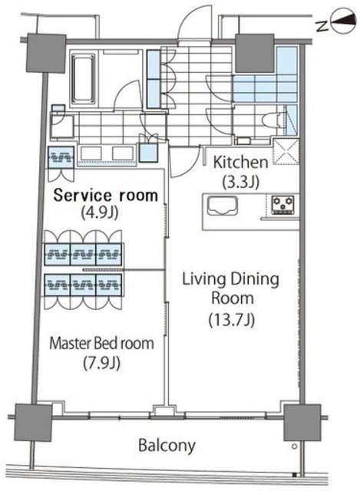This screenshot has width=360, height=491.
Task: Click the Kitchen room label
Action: click(x=240, y=163)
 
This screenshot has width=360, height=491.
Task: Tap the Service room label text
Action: click(x=106, y=195)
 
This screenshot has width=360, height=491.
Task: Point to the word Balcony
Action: click(x=167, y=445)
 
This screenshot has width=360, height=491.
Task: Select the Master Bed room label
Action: click(x=101, y=343)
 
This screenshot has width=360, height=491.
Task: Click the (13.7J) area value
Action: click(x=232, y=320)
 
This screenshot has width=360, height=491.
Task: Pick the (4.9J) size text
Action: click(x=99, y=213)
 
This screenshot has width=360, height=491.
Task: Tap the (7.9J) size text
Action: click(x=101, y=363)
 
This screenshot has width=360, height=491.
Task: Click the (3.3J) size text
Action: click(x=240, y=182)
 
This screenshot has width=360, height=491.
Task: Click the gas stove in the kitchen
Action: click(x=282, y=205)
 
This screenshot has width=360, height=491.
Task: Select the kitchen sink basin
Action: click(x=222, y=205)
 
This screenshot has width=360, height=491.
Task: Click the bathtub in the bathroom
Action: click(x=84, y=78)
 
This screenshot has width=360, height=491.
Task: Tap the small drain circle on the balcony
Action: click(x=294, y=447)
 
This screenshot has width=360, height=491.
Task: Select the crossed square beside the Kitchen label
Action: click(x=286, y=152)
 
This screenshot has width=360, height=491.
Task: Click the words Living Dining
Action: click(x=230, y=280)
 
